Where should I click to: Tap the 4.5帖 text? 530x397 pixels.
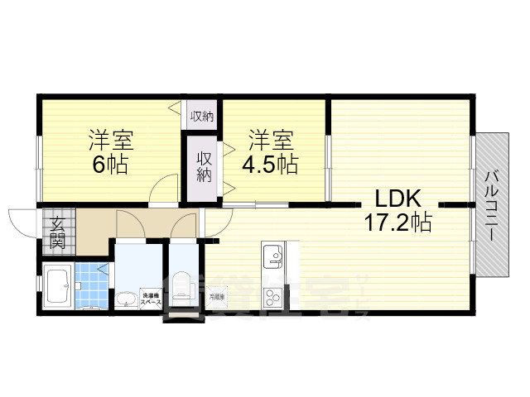[x=270, y=164]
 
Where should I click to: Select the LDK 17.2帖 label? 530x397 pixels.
[x=398, y=210]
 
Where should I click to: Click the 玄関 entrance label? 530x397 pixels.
[x=58, y=232]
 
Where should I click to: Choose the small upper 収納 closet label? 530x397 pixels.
[x=201, y=117]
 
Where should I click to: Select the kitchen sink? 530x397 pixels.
[x=272, y=256]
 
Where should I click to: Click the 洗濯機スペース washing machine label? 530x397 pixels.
[x=150, y=299]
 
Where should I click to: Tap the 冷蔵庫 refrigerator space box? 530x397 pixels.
[x=217, y=295]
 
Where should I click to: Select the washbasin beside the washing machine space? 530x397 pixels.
[x=126, y=299]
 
